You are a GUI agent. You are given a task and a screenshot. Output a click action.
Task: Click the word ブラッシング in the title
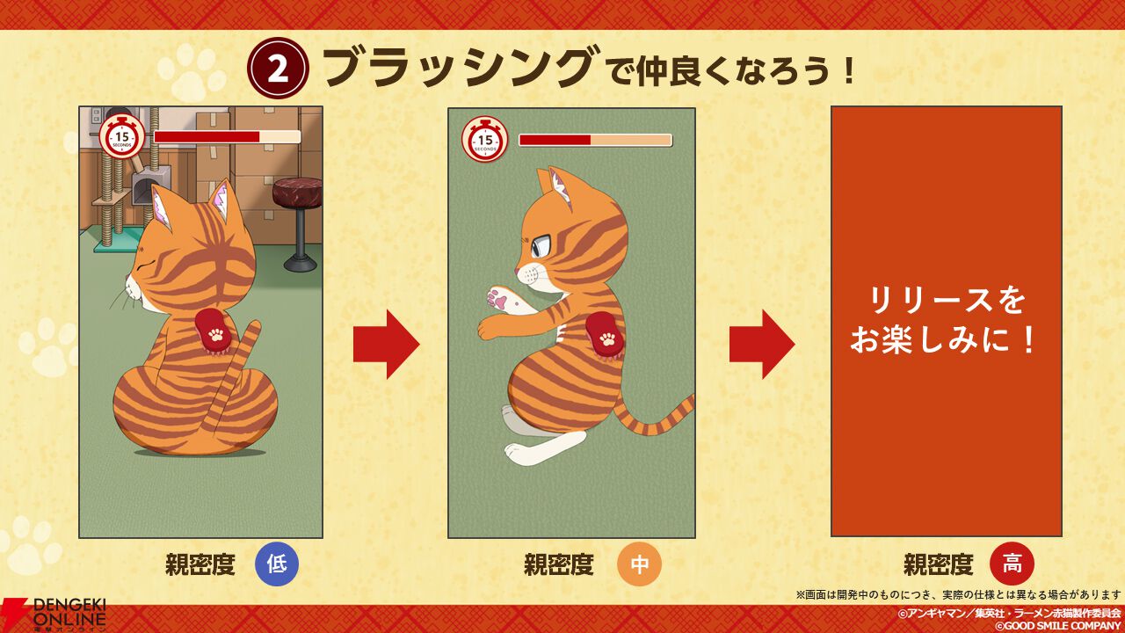[x=456, y=69]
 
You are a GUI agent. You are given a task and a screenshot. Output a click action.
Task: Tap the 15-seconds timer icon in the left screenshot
[x=122, y=137]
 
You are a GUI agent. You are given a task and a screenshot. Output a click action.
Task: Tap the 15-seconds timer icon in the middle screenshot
[x=485, y=140]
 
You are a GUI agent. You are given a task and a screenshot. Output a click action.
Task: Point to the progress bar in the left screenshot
[x=227, y=137]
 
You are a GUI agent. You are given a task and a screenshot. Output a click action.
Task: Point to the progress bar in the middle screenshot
[x=595, y=140]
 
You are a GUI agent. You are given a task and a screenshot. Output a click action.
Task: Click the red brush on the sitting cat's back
[x=214, y=334]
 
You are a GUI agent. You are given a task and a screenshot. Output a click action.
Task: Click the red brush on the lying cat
[x=606, y=336]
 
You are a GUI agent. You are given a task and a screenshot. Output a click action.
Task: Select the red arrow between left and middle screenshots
[x=386, y=344]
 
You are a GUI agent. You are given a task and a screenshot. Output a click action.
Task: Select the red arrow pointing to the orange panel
[x=761, y=344]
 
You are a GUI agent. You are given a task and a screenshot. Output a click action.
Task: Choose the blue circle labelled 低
[x=277, y=564]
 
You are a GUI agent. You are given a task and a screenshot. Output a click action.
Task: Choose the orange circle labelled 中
[x=639, y=564]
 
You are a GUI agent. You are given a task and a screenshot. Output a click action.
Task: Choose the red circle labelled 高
[x=1012, y=564]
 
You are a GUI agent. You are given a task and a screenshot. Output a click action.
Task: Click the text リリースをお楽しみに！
[x=947, y=321]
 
